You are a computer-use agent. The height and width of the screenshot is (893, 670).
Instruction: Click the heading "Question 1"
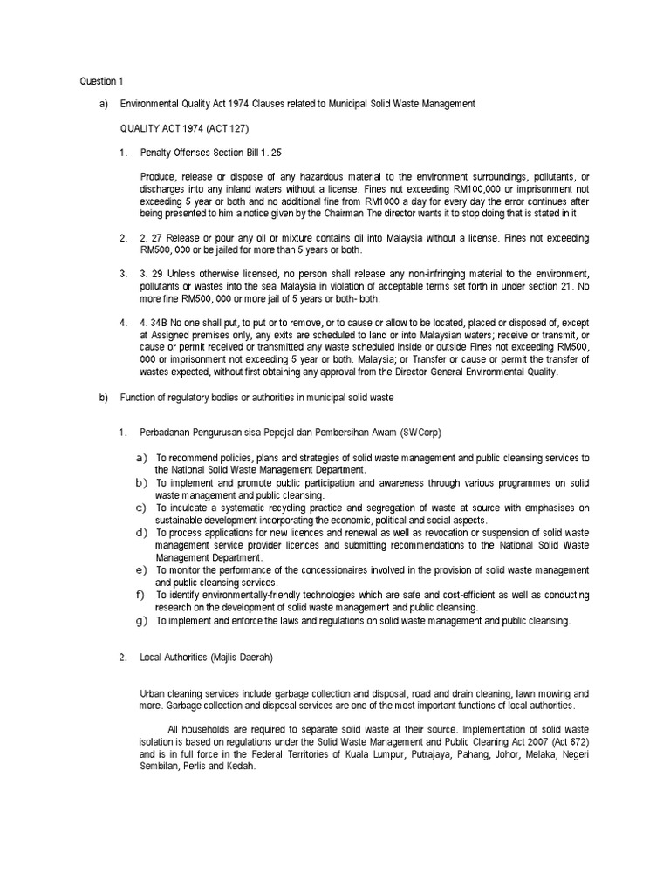click(97, 82)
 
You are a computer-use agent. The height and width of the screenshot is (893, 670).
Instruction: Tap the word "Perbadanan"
click(166, 433)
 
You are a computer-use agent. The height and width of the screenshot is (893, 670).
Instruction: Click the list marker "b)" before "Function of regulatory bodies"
click(102, 398)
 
